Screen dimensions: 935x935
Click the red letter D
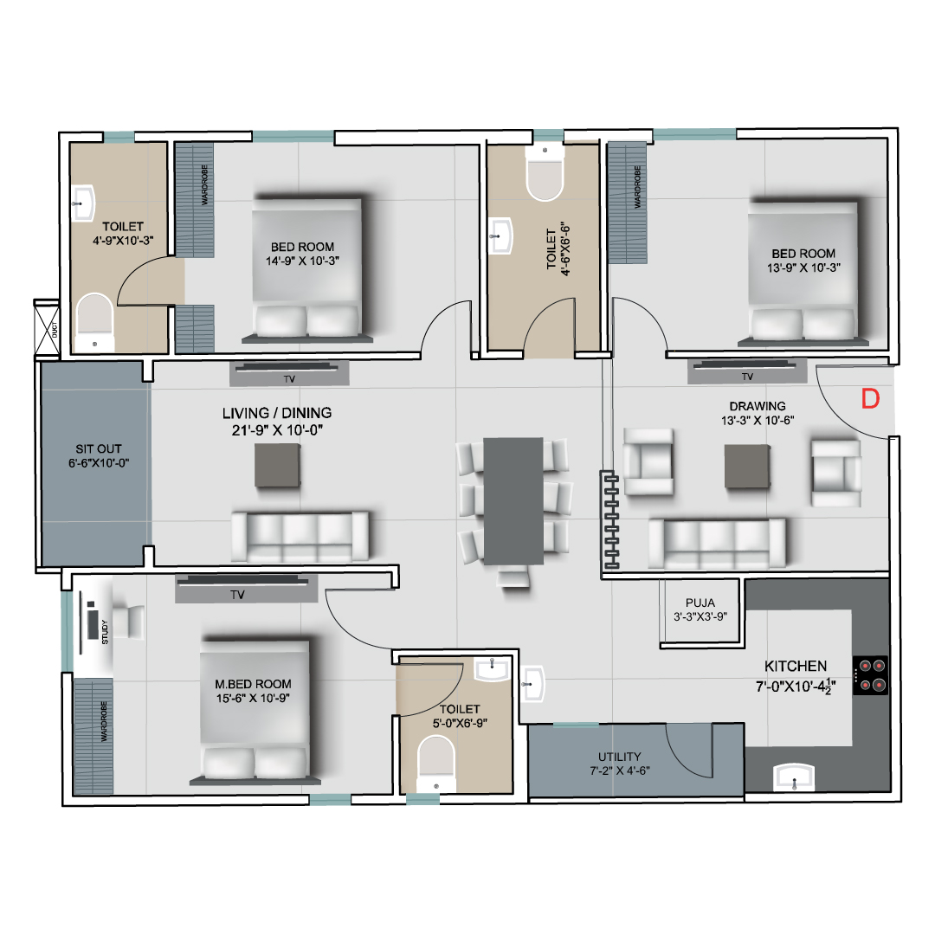click(x=871, y=398)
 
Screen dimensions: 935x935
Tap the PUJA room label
click(x=700, y=603)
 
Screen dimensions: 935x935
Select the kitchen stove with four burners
click(x=871, y=675)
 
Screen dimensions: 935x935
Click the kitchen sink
click(x=794, y=777)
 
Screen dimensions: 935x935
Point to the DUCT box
click(x=47, y=329)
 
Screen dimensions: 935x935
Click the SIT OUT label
click(x=99, y=449)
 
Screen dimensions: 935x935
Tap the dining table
click(x=513, y=501)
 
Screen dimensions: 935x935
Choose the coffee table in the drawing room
click(x=747, y=467)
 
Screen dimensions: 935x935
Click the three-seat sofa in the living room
click(x=300, y=536)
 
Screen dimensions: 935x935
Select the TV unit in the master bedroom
click(x=246, y=589)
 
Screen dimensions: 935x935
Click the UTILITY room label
click(x=620, y=756)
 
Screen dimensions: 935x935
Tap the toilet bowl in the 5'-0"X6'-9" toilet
click(x=435, y=764)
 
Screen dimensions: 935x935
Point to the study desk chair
click(x=129, y=622)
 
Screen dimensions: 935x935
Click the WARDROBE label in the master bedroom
click(x=104, y=721)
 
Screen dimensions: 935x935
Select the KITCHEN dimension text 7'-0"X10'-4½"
click(x=796, y=687)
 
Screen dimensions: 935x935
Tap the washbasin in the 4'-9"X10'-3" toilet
click(x=83, y=203)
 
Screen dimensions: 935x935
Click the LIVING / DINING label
click(x=277, y=413)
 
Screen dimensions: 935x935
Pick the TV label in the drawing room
click(x=747, y=377)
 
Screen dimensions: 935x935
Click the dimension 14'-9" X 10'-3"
click(x=302, y=261)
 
